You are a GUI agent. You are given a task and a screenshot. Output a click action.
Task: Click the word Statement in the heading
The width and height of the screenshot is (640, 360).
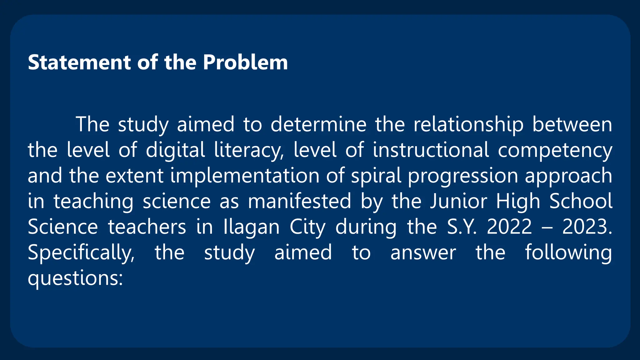point(79,62)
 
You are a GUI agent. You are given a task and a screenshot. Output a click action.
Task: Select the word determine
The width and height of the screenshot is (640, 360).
point(318,124)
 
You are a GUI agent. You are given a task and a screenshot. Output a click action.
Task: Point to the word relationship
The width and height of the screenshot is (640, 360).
point(468,124)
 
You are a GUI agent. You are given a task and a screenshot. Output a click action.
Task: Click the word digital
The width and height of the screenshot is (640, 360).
point(175,150)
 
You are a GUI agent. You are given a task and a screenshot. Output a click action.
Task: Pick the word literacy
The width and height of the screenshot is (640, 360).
point(249,150)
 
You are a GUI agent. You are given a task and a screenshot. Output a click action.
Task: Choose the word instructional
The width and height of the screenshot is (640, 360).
point(431,150)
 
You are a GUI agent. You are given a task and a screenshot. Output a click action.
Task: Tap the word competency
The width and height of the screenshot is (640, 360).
point(555,150)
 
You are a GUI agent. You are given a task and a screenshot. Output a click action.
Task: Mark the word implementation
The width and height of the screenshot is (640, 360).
point(244,176)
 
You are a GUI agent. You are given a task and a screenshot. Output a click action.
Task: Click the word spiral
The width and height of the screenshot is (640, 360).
point(376,176)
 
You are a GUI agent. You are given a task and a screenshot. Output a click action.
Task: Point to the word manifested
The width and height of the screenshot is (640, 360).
point(299,201)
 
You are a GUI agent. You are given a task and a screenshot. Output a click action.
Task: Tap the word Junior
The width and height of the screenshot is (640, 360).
point(458,201)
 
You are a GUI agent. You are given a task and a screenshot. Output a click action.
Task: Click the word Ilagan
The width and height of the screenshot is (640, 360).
point(251,227)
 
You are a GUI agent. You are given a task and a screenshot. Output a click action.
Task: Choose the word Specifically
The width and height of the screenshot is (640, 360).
point(81,252)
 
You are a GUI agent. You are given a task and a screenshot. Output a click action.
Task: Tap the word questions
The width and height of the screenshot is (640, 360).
point(75,278)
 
